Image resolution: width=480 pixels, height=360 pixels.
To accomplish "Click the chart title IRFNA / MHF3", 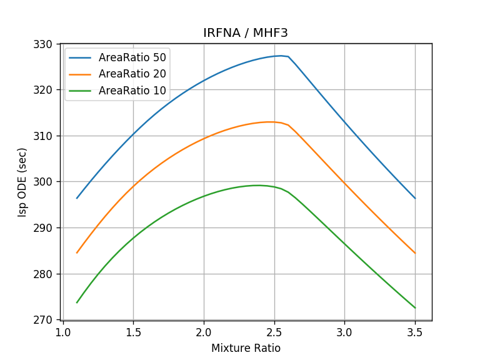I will click(x=246, y=33).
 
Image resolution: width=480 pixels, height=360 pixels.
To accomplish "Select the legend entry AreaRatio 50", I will click(x=132, y=57).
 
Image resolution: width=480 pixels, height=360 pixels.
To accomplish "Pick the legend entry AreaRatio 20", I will click(x=132, y=74).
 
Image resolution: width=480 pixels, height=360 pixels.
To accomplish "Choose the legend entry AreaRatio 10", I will click(x=132, y=91).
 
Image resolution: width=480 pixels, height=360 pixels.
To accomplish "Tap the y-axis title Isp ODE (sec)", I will click(x=23, y=182).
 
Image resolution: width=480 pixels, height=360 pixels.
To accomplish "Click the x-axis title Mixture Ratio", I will click(x=246, y=348).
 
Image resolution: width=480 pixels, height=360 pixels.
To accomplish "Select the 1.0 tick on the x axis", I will click(x=62, y=331).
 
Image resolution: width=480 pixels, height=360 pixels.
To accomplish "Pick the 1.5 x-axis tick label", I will click(x=133, y=331).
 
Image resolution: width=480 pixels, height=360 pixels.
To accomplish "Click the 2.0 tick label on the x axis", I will click(x=204, y=331).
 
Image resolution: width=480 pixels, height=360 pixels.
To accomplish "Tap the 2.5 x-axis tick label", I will click(x=274, y=331).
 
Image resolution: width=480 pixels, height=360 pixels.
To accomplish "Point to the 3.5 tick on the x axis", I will click(x=415, y=331).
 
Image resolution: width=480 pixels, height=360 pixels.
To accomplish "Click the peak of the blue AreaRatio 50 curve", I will click(x=281, y=56).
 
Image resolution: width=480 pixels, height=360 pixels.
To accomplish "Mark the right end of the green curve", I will click(x=415, y=308).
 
